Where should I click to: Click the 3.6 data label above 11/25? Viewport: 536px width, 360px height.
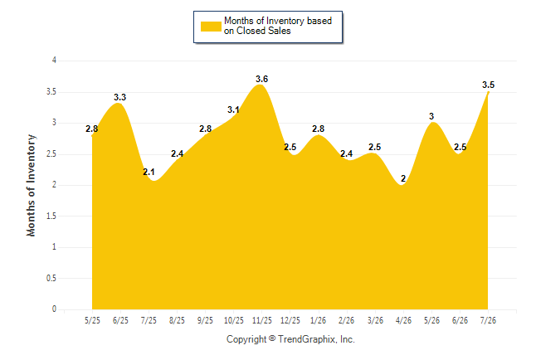pos(262,79)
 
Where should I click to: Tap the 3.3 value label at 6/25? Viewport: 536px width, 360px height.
pos(120,97)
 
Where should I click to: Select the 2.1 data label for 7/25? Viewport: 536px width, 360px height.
pos(149,172)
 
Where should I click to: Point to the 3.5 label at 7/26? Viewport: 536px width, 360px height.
pos(488,85)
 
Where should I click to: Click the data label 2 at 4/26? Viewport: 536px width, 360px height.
pos(403,178)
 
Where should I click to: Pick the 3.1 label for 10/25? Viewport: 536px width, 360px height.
pos(233,110)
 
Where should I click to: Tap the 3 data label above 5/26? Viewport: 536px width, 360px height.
pos(431,116)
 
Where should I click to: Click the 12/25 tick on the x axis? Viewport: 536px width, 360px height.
pos(290,320)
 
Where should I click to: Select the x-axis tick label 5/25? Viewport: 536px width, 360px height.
pos(92,320)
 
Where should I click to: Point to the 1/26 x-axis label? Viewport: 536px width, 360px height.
pos(319,320)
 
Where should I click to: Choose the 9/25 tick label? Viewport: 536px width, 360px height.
pos(205,320)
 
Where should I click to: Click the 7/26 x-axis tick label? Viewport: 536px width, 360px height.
pos(488,320)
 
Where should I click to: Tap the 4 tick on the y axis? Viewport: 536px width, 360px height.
pos(54,61)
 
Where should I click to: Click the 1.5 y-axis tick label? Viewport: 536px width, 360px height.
pos(51,216)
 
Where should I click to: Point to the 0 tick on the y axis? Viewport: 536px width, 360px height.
pos(54,309)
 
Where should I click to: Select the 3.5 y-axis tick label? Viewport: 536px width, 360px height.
pos(51,91)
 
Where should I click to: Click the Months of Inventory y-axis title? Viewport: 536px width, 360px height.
pos(31,185)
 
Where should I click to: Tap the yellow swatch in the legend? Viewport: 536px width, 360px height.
pos(211,27)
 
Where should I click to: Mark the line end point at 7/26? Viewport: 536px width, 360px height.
pos(488,92)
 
